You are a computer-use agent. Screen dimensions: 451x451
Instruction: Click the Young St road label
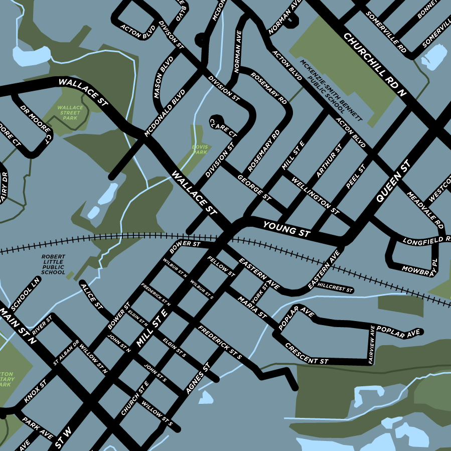click(x=287, y=229)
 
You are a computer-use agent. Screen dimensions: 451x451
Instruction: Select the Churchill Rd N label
click(x=374, y=64)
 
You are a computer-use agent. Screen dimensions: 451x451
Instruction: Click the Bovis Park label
click(x=200, y=149)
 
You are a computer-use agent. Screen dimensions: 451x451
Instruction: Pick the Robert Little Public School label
click(x=53, y=264)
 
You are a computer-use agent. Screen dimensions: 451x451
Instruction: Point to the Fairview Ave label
click(x=372, y=345)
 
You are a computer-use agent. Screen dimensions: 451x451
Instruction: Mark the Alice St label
click(x=91, y=294)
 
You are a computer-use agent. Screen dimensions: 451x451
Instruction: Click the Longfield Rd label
click(x=427, y=240)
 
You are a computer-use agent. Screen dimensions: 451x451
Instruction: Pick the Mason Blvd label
click(x=163, y=80)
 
